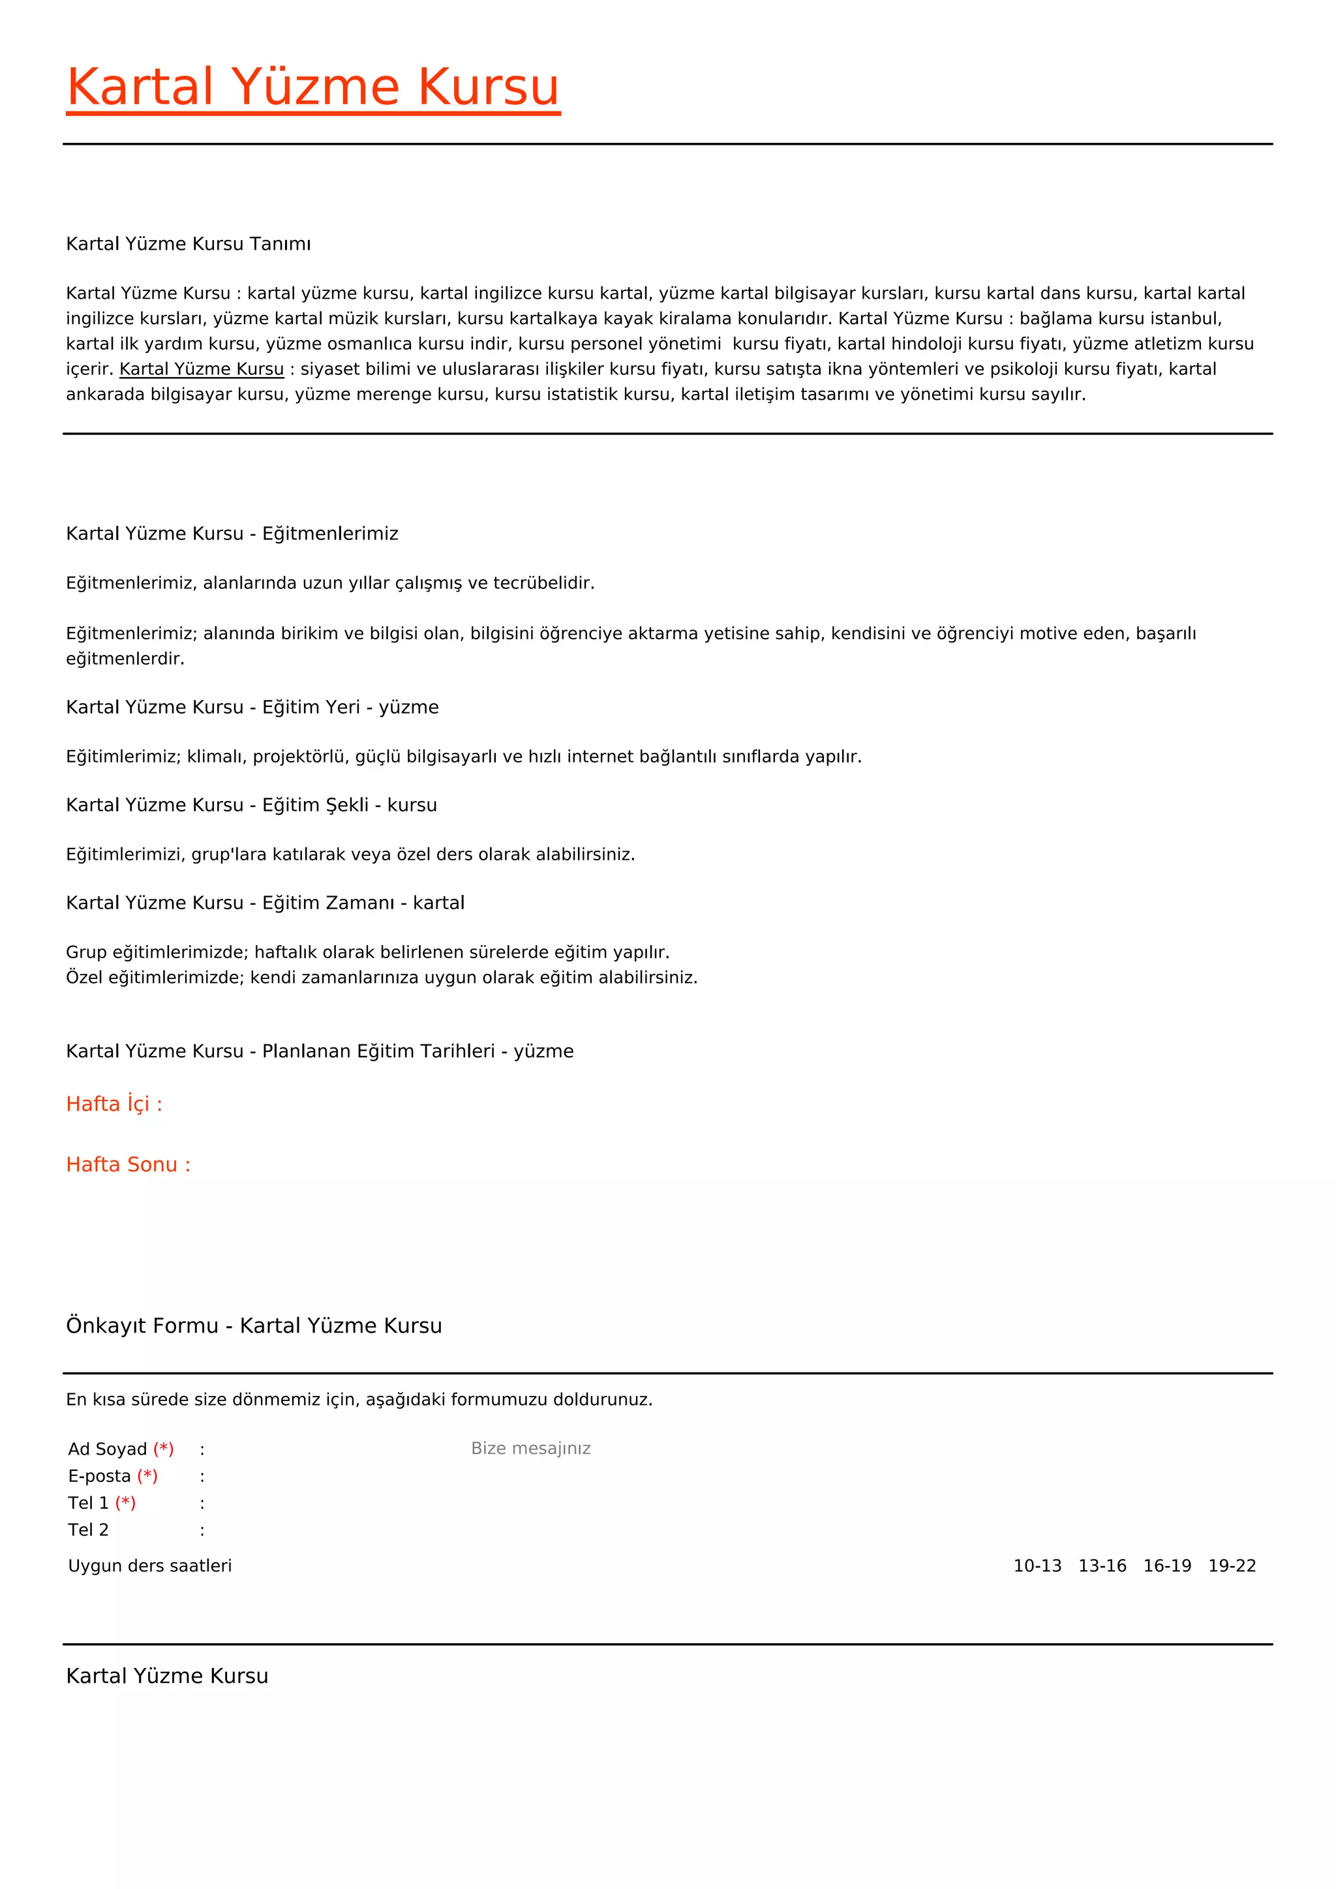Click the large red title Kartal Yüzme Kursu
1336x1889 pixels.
[312, 87]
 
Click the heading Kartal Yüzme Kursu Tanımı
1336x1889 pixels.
[189, 245]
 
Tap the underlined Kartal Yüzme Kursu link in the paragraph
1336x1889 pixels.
[202, 369]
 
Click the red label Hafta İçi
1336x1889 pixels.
[114, 1104]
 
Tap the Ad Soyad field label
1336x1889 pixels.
[108, 1449]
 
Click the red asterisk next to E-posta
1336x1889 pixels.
[147, 1476]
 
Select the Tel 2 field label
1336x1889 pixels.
[88, 1530]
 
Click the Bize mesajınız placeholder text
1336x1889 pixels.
[530, 1448]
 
